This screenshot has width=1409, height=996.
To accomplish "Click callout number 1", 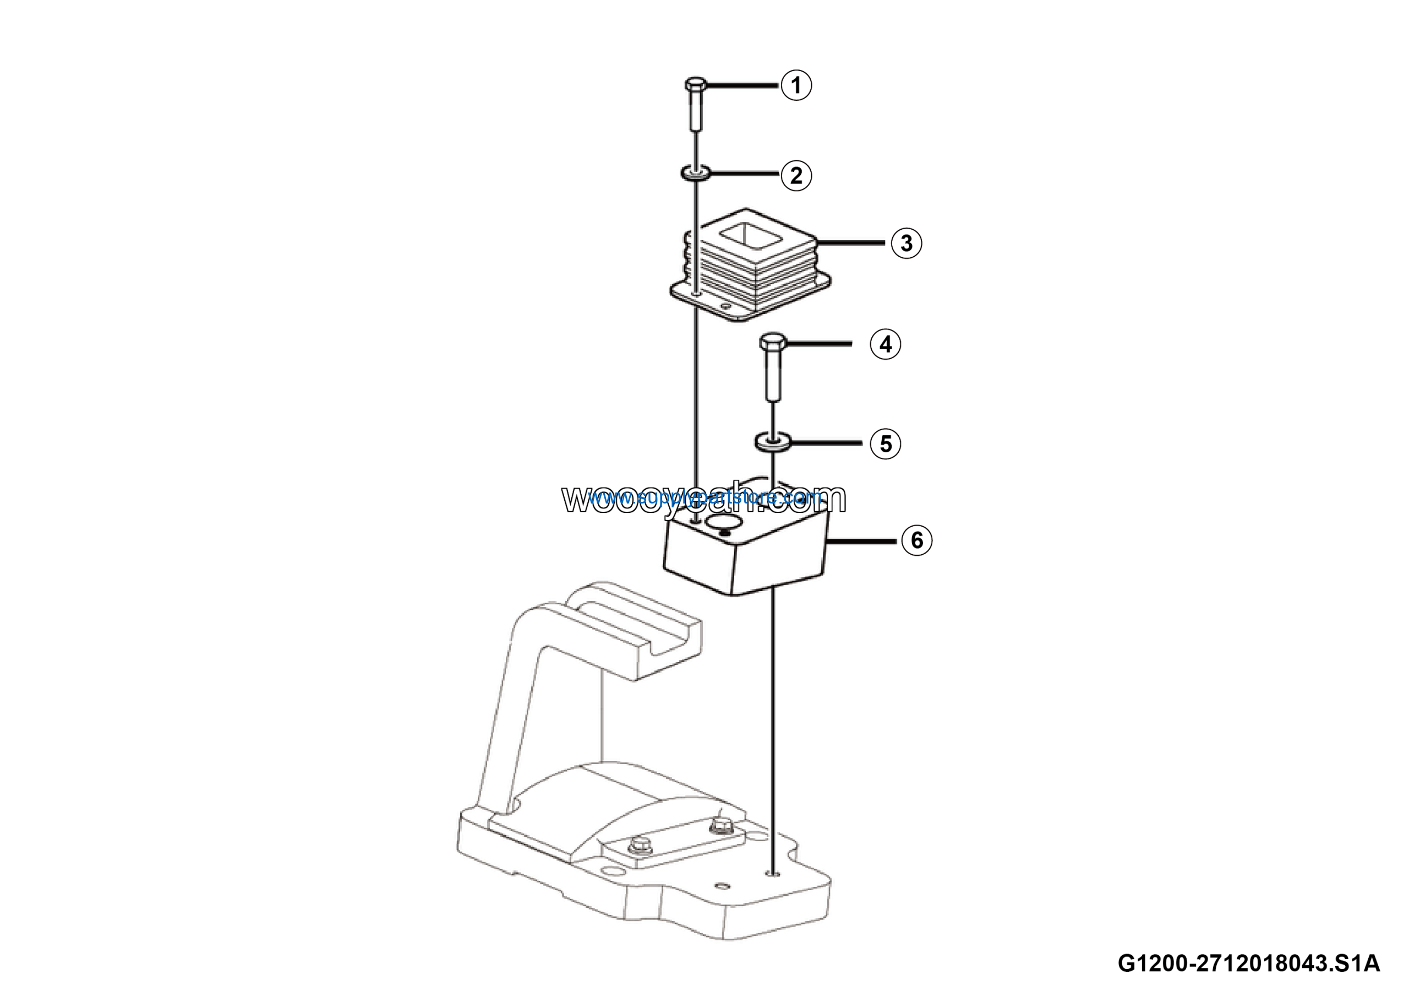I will point(796,85).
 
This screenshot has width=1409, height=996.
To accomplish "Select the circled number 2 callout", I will point(796,176).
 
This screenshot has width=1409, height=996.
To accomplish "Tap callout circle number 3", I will point(906,243).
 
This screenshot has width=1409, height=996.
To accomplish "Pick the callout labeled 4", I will point(886,344).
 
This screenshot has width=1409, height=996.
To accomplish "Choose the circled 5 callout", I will point(886,443).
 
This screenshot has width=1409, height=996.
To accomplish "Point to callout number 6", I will point(916,540).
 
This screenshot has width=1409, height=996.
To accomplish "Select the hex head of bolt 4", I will point(773,341).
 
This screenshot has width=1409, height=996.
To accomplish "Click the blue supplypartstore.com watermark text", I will point(704,496).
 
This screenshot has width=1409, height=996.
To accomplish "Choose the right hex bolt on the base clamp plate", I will point(719,826).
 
